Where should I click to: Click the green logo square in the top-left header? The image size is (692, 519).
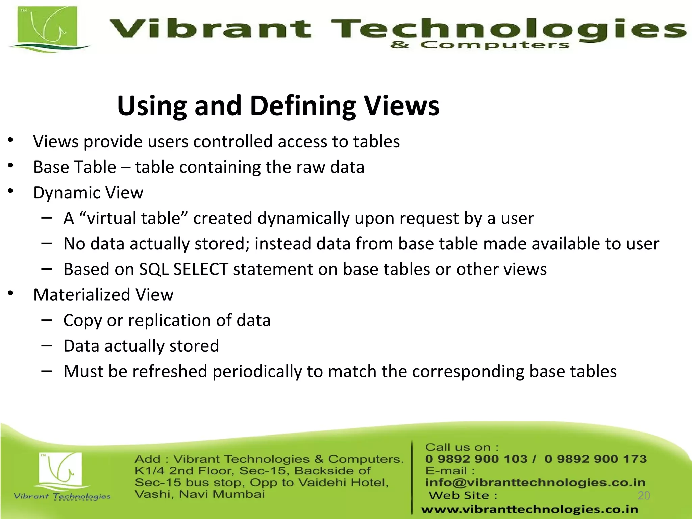pyautogui.click(x=47, y=27)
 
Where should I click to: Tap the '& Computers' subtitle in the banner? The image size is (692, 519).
pyautogui.click(x=480, y=45)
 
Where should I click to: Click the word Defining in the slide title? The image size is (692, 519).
pyautogui.click(x=302, y=106)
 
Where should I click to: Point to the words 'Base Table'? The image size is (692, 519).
pyautogui.click(x=75, y=167)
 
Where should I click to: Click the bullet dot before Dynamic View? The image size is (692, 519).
pyautogui.click(x=11, y=192)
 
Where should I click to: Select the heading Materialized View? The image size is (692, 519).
pyautogui.click(x=103, y=295)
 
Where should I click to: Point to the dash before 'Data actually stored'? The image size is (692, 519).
pyautogui.click(x=47, y=345)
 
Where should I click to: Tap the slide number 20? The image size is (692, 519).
pyautogui.click(x=644, y=495)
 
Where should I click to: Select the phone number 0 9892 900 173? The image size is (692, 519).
pyautogui.click(x=595, y=459)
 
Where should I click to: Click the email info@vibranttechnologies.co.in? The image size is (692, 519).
pyautogui.click(x=535, y=483)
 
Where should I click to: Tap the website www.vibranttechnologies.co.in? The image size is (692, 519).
pyautogui.click(x=529, y=509)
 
